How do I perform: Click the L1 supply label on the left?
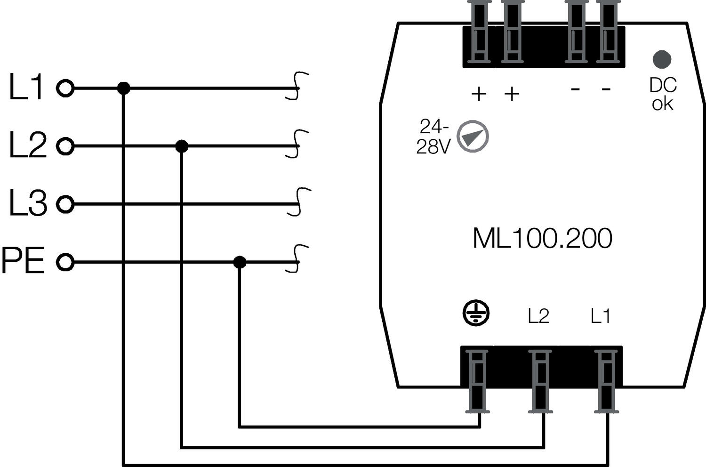click(26, 88)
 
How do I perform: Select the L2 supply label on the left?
click(28, 145)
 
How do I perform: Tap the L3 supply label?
click(28, 203)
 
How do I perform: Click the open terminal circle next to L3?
click(65, 204)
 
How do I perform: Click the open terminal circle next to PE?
click(65, 262)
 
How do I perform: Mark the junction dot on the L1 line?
click(123, 88)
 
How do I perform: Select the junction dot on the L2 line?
click(182, 146)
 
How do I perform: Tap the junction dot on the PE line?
click(240, 262)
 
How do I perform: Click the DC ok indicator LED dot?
click(662, 59)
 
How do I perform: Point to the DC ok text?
click(663, 95)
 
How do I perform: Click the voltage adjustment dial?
click(473, 137)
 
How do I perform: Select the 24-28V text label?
click(433, 137)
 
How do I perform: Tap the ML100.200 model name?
click(542, 239)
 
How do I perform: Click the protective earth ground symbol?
click(476, 313)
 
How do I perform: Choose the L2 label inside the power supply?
click(538, 316)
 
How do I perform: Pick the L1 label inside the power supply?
click(601, 316)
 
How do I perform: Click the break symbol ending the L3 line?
click(298, 202)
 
